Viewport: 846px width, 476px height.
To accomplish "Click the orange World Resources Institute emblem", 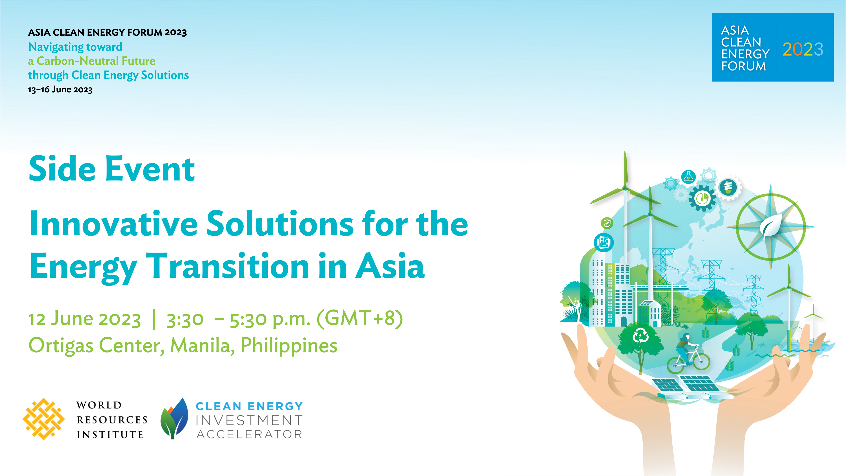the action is pyautogui.click(x=43, y=419).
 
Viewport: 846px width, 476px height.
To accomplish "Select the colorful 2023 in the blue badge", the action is pyautogui.click(x=803, y=49).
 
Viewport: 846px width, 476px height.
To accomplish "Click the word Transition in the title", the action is pyautogui.click(x=227, y=266).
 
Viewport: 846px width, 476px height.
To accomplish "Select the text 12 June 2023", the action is pyautogui.click(x=85, y=319).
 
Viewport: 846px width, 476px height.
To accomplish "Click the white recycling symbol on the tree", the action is pyautogui.click(x=640, y=336).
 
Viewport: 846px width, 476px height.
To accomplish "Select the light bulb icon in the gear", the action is pyautogui.click(x=728, y=188).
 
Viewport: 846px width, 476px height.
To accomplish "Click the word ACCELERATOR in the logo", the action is pyautogui.click(x=249, y=434).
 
